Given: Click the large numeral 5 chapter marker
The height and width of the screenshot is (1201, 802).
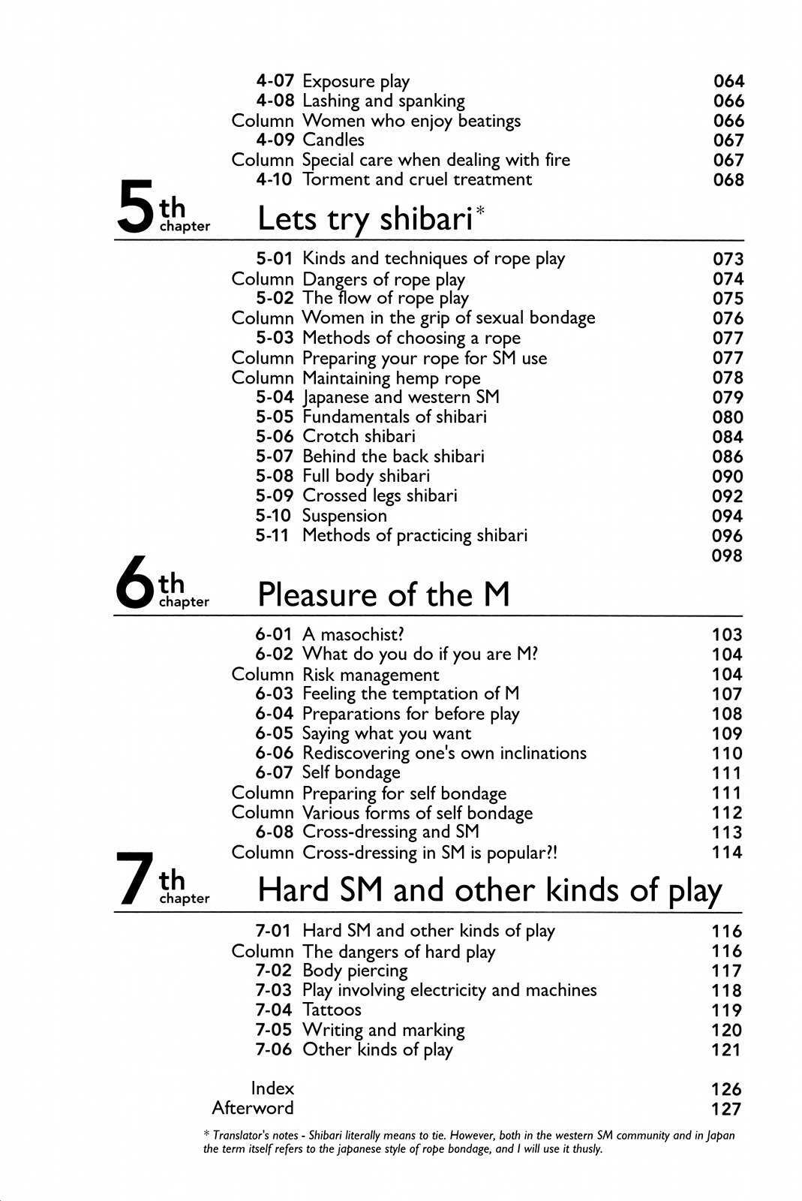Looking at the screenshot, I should [x=136, y=206].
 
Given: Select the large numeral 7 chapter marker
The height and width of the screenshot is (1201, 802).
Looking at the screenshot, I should [x=135, y=879].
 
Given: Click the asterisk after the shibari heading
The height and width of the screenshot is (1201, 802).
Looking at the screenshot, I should [x=480, y=210].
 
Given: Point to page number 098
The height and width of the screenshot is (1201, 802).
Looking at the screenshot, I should [x=727, y=555].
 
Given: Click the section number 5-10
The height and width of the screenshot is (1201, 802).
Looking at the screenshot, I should [x=273, y=516].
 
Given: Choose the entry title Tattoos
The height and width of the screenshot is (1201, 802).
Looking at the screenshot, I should [x=332, y=1010].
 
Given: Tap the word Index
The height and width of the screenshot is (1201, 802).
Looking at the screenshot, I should [x=272, y=1088].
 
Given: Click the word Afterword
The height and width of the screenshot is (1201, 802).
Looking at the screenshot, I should [x=253, y=1108].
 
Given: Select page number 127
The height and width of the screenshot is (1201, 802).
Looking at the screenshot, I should [x=726, y=1109].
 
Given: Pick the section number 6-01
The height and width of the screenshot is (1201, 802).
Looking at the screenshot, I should [x=273, y=634].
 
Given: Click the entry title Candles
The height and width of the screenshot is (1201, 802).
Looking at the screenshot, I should [x=333, y=140].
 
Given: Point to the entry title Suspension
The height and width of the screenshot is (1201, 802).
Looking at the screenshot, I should [x=344, y=516].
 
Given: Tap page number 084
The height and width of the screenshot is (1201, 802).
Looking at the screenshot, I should [x=728, y=437].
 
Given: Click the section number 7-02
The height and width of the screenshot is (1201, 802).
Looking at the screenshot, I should [x=273, y=971].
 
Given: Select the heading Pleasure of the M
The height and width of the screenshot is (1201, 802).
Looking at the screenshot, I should [x=383, y=594].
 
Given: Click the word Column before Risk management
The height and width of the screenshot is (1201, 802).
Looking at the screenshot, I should [x=263, y=674].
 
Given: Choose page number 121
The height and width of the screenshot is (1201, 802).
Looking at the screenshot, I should [x=726, y=1049].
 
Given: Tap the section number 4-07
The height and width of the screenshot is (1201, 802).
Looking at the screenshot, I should [x=275, y=81].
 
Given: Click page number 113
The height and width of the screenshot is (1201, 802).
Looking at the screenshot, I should [x=727, y=832].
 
